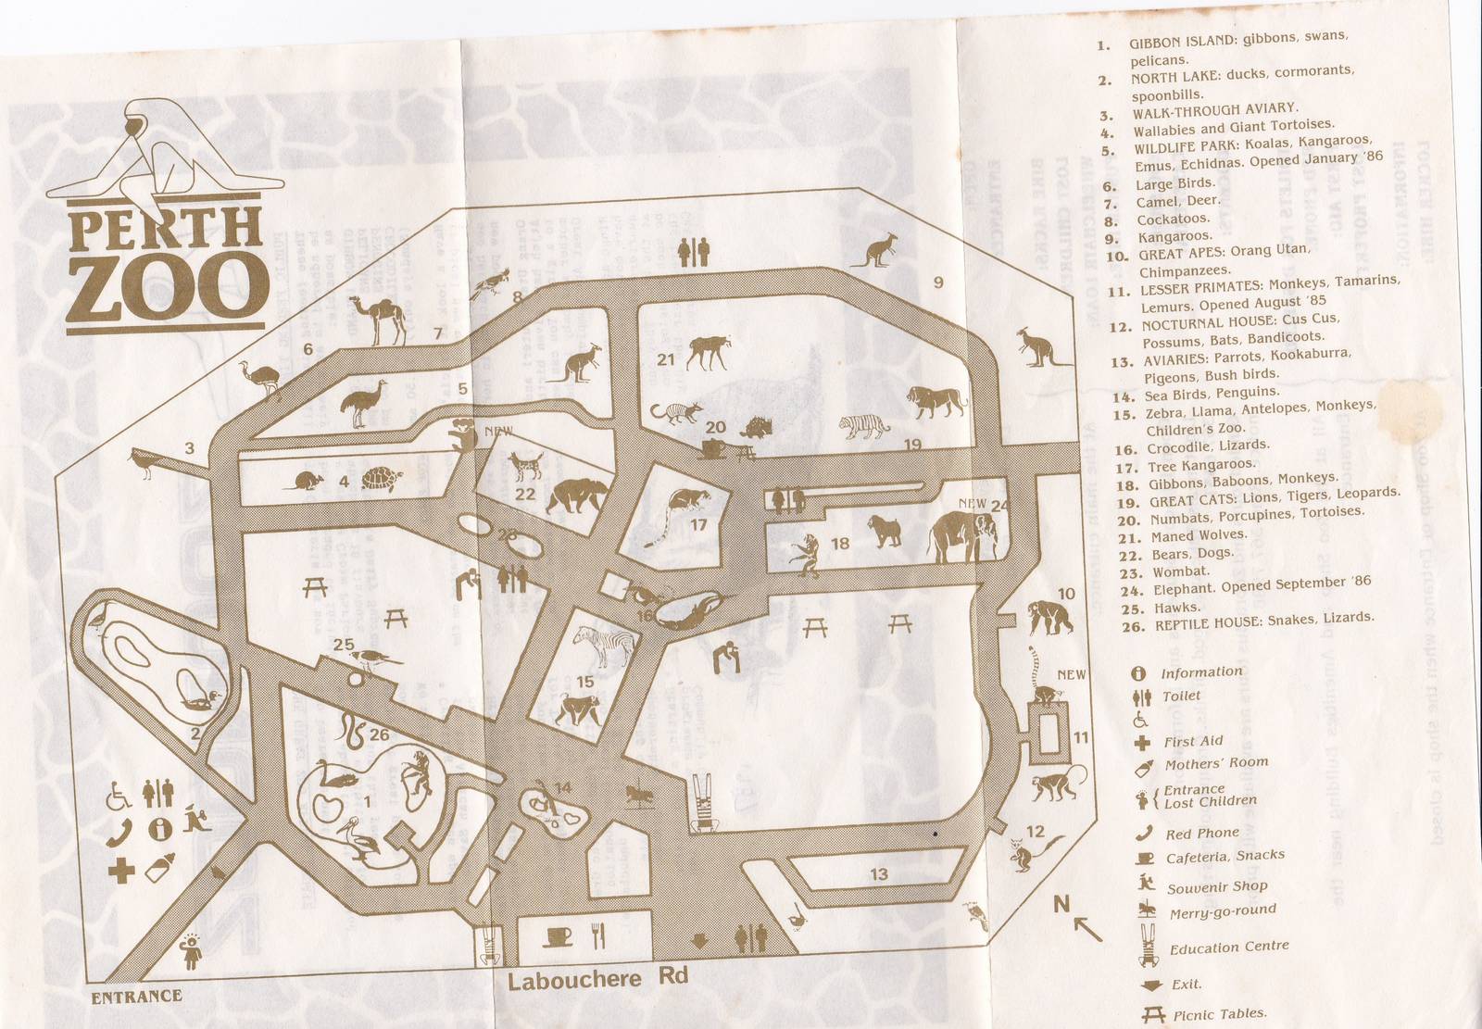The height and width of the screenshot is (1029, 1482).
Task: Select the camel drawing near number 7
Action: point(378,320)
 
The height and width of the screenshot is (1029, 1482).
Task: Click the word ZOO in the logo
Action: point(162,286)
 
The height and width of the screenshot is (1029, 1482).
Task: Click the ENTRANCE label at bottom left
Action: point(136,997)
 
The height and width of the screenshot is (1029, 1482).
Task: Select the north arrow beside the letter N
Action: point(1087,926)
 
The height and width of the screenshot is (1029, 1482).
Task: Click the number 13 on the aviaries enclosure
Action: point(878,873)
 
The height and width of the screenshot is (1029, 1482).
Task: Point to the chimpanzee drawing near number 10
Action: point(1049,616)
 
